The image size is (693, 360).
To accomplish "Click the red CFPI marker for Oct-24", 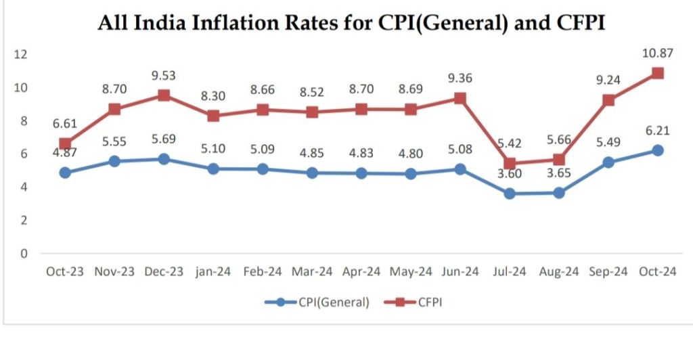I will pyautogui.click(x=657, y=73).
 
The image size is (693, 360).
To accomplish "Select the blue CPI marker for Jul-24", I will pyautogui.click(x=510, y=194).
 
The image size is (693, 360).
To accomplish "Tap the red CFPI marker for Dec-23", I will pyautogui.click(x=164, y=95).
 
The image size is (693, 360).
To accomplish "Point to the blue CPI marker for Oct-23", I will pyautogui.click(x=65, y=173).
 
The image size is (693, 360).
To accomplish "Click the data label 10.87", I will pyautogui.click(x=658, y=52).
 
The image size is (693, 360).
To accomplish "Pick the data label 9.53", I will pyautogui.click(x=164, y=74).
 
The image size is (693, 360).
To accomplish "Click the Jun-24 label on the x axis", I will pyautogui.click(x=460, y=272).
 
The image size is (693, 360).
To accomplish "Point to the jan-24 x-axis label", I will pyautogui.click(x=213, y=272).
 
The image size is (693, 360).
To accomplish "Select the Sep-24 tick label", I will pyautogui.click(x=608, y=272).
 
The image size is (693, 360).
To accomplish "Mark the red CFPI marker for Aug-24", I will pyautogui.click(x=559, y=160).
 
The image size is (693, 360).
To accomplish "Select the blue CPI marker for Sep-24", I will pyautogui.click(x=608, y=162).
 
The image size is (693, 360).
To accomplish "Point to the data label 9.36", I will pyautogui.click(x=460, y=78).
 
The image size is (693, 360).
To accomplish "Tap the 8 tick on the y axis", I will pyautogui.click(x=24, y=121).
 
